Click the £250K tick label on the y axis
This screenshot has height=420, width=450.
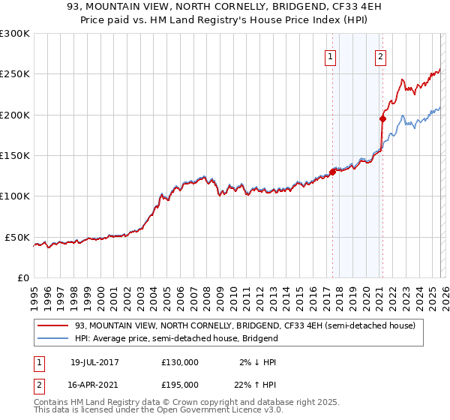[15, 74]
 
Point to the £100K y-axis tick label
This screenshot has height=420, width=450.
[15, 196]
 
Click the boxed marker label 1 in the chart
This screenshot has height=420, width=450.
[331, 55]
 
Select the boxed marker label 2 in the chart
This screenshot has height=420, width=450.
[380, 55]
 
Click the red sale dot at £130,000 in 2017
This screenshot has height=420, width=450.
[332, 172]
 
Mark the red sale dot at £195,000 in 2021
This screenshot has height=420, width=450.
[382, 118]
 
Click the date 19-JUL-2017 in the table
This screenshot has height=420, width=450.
[94, 362]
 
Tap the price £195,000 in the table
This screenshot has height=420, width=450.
[180, 384]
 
